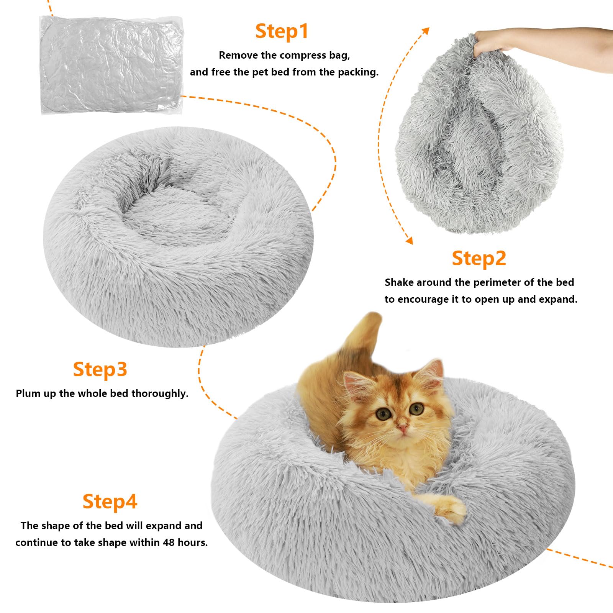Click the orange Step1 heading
click(x=282, y=31)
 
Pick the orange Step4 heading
click(x=110, y=501)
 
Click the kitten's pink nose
click(x=402, y=427)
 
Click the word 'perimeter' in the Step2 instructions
click(x=498, y=282)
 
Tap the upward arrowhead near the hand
click(x=425, y=31)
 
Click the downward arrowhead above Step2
click(x=409, y=240)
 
